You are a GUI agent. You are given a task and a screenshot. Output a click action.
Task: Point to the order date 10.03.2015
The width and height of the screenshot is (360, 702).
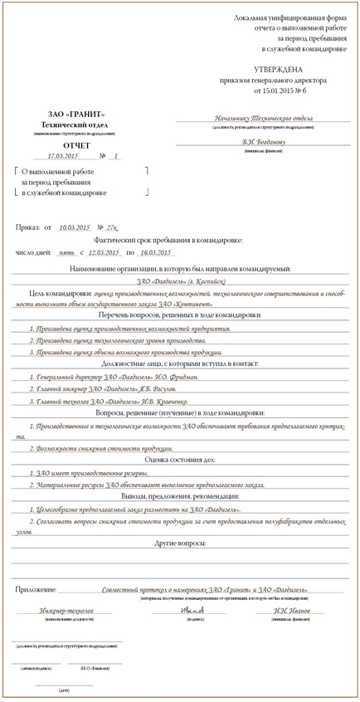coord(75,227)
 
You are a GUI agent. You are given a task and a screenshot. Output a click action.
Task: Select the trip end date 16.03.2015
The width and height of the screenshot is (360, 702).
coord(155,251)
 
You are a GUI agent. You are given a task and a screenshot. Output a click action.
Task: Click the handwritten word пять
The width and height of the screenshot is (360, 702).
coord(61,251)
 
